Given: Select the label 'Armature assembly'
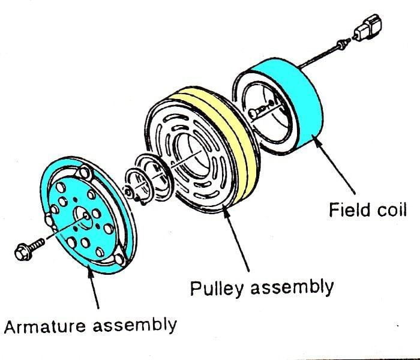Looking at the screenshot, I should [x=90, y=326].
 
